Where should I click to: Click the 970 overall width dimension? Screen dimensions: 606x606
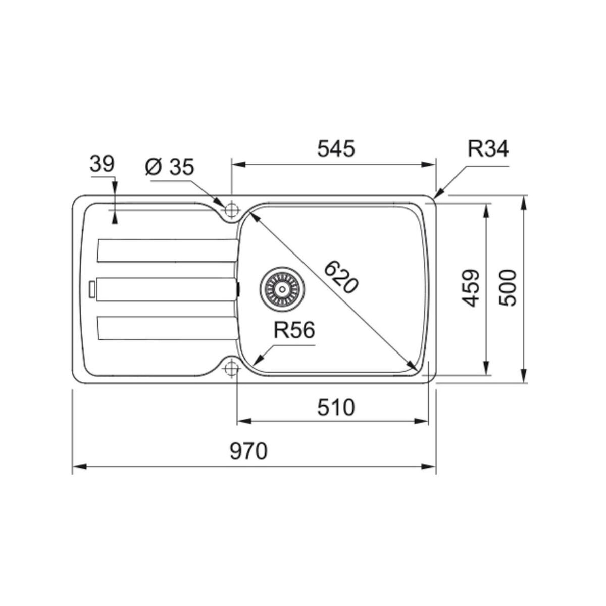(248, 451)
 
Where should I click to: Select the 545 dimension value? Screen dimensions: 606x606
(336, 149)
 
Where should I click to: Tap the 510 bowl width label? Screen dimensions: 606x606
(336, 407)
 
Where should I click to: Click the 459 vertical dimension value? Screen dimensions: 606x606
(471, 288)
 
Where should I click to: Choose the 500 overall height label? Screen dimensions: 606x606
(508, 288)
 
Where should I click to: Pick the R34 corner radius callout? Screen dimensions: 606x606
(488, 149)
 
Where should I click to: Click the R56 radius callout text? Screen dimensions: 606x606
(294, 331)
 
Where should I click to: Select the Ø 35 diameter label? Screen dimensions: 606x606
(169, 167)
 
